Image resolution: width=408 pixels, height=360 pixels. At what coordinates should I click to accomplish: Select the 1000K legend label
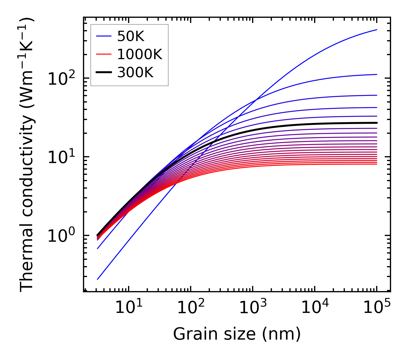tap(140, 54)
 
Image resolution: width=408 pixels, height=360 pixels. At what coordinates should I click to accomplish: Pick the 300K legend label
tap(135, 73)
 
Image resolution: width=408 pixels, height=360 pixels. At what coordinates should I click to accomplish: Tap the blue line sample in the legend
tap(104, 36)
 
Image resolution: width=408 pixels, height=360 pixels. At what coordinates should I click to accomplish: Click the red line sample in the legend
tap(104, 54)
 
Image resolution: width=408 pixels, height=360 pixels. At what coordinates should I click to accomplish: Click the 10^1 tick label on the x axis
tap(128, 308)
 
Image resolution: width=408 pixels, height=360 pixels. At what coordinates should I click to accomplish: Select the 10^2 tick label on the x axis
tap(190, 308)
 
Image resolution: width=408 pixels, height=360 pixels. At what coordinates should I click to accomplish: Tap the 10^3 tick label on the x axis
tap(252, 308)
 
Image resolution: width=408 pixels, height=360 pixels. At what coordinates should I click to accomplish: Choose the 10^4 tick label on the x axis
tap(314, 308)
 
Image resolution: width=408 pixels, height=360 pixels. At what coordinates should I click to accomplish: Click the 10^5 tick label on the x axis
tap(376, 308)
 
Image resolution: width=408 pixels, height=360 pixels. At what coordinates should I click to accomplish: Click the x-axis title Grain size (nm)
tap(237, 334)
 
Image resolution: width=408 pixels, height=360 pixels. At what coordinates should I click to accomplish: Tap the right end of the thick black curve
tap(376, 123)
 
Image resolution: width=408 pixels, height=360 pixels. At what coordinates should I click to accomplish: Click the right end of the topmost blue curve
tap(376, 30)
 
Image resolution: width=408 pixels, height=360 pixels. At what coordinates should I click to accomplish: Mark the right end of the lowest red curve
tap(376, 164)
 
